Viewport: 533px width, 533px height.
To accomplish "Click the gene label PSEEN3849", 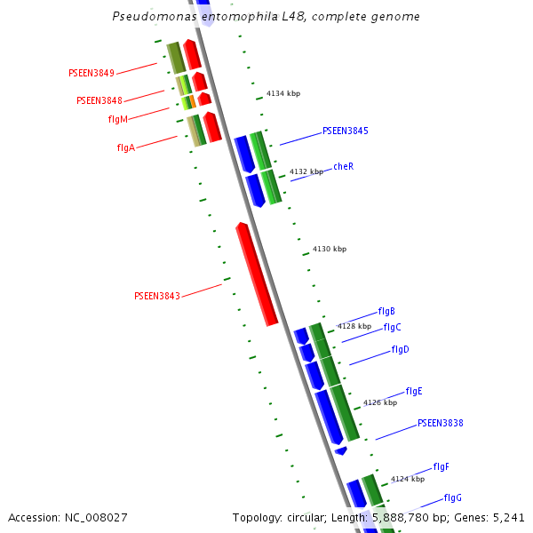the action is (x=91, y=73).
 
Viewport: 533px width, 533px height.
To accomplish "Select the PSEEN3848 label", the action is (x=99, y=100).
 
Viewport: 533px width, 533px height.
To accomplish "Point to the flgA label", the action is (x=125, y=147).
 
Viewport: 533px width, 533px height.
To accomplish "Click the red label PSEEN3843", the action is (x=157, y=296).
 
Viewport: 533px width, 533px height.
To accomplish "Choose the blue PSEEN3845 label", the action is (x=346, y=131).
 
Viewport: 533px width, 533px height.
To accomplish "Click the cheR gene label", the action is (x=344, y=166).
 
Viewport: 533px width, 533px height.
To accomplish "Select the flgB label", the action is (x=386, y=311).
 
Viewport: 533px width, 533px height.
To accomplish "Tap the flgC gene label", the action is (x=393, y=327).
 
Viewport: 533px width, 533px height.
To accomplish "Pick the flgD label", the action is (x=400, y=350).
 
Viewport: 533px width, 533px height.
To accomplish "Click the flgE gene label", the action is (x=414, y=391).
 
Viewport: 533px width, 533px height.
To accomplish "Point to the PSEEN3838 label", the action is (x=441, y=423).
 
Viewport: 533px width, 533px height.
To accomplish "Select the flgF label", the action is (x=442, y=466).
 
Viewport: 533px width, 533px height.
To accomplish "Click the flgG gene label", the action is (x=453, y=497).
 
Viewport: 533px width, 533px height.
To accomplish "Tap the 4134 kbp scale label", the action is (x=282, y=93).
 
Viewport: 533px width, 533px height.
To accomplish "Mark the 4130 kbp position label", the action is (x=329, y=249).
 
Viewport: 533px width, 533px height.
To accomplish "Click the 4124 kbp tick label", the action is (x=409, y=479).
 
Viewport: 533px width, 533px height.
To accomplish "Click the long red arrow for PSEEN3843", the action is (x=257, y=274).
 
